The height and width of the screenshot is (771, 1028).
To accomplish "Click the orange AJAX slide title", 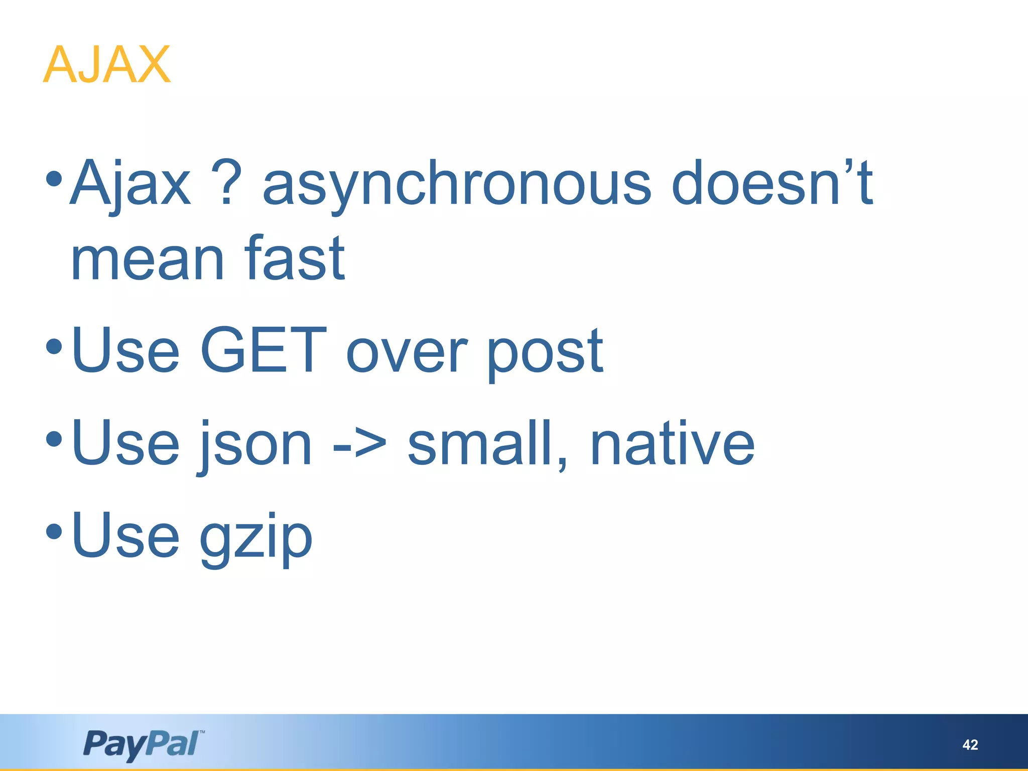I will (107, 65).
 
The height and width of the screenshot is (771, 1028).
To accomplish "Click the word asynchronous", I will (457, 184).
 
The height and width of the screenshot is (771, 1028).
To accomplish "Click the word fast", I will (295, 258).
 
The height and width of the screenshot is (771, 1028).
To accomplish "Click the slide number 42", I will (970, 744).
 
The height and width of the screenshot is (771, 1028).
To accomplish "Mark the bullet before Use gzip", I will (54, 531).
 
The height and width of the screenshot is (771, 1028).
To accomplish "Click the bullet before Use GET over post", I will (54, 346).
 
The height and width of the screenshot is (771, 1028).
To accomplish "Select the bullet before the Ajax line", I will (54, 178).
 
